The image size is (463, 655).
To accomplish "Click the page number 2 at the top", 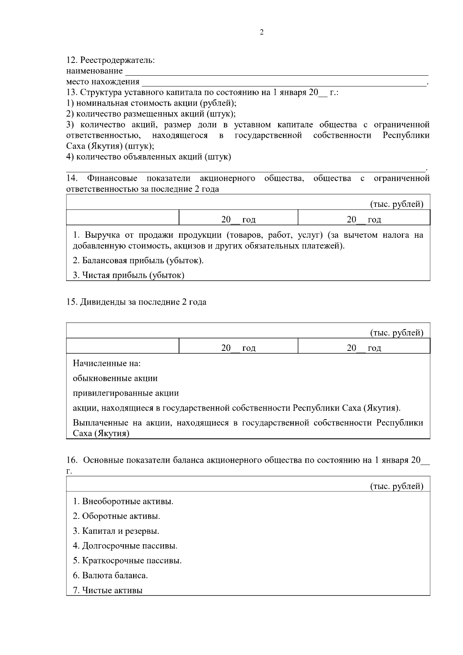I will pos(262,32).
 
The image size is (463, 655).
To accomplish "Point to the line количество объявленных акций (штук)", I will pos(149,157).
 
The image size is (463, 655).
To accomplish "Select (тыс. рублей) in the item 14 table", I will pos(397,205).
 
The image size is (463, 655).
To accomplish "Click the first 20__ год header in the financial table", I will pos(238,220).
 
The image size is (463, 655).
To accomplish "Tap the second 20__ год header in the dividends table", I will pos(364,348).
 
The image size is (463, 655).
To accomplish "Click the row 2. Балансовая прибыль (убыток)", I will pos(138,261).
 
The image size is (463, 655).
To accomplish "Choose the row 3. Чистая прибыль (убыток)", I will pos(128,275).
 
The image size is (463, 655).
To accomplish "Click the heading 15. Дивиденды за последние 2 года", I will pos(136,302).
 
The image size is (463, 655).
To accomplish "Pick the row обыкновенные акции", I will pos(115,379).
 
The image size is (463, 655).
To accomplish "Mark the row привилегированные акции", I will pos(126,393).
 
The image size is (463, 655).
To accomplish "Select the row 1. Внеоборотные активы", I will pos(123,502).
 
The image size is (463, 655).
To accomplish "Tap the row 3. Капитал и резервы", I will pos(116,531).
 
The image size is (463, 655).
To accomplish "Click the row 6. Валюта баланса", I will pos(110,575).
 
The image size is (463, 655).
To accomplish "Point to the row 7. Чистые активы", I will pos(108,590).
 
